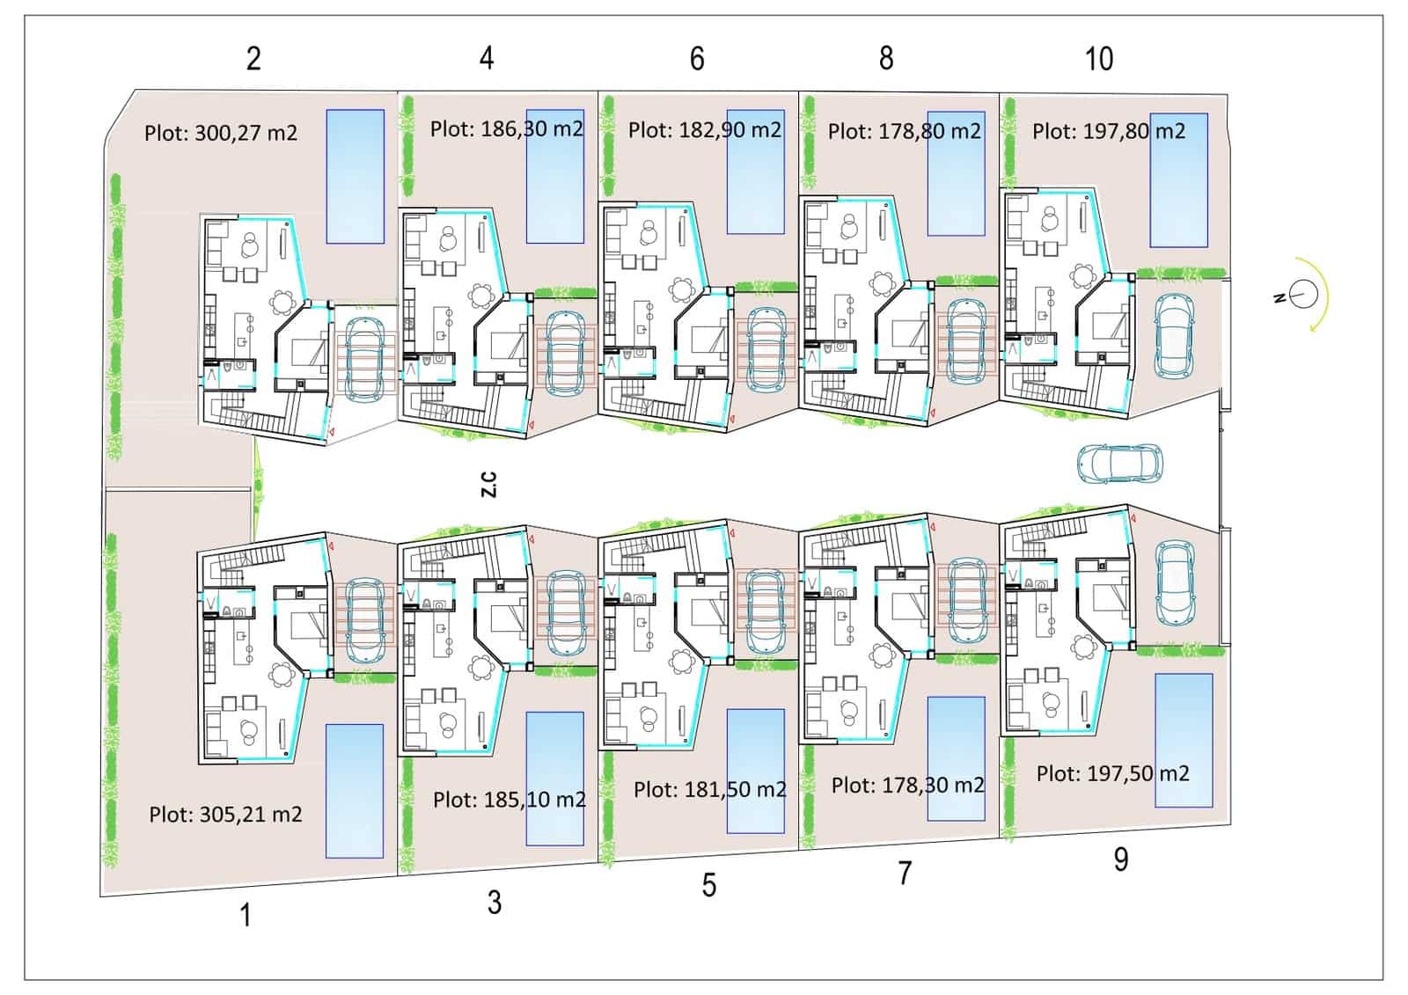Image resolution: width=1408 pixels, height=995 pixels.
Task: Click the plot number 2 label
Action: coord(253,58)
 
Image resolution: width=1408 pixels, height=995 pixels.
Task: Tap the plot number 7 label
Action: coord(905,873)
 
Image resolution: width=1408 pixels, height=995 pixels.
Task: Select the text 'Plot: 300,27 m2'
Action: coord(221,133)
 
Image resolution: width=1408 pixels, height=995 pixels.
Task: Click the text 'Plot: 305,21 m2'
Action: coord(225,815)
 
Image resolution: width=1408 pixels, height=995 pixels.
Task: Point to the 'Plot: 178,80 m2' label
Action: coord(904,132)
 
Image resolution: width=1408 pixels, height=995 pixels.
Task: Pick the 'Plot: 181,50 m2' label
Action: coord(709,789)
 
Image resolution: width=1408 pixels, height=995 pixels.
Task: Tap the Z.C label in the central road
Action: coord(489,484)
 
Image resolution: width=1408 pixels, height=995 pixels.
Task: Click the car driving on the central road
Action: coord(1119,464)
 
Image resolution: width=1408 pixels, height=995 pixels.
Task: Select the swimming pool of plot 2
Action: coord(356,176)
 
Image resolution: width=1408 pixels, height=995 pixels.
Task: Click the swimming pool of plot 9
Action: coord(1183,740)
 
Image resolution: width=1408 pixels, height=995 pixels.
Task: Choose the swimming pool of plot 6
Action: coord(755,172)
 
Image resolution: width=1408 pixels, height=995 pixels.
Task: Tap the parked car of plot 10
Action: coord(1173,334)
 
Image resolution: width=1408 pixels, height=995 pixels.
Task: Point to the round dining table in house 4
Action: coord(481,295)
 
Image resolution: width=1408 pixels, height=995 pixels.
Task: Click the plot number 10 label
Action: coord(1098,58)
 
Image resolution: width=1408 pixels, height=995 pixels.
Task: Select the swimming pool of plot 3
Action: coord(554,778)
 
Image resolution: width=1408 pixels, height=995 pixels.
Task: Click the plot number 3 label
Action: coord(495,902)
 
